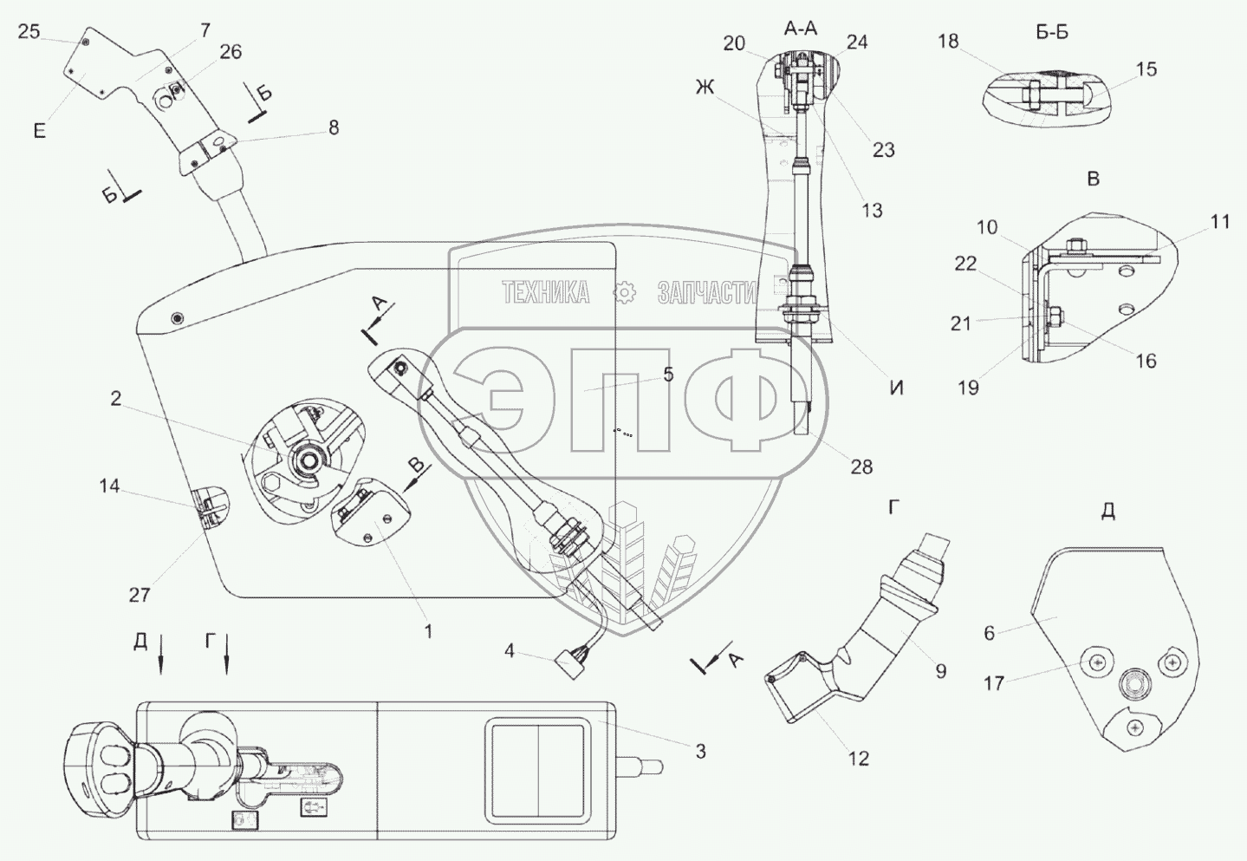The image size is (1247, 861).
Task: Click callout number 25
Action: [x=29, y=32]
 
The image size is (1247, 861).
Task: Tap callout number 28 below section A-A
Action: [x=861, y=466]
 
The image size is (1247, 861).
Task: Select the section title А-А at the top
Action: [x=800, y=29]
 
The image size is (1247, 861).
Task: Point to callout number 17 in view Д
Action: [x=994, y=683]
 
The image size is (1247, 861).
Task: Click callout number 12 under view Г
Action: [x=858, y=758]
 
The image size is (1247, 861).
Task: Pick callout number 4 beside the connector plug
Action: [x=510, y=649]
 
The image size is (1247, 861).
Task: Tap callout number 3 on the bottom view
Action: [x=700, y=751]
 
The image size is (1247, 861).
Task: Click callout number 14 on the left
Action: [x=109, y=486]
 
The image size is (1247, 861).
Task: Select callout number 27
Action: [x=140, y=594]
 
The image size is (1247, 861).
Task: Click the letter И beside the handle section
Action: [x=896, y=388]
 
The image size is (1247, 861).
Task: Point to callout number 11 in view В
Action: [x=1219, y=222]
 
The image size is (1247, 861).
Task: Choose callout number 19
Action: [x=968, y=388]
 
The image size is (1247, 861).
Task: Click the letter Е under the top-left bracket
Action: [x=39, y=131]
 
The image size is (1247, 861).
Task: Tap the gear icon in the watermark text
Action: [x=623, y=293]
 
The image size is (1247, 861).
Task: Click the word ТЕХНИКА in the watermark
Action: [x=546, y=293]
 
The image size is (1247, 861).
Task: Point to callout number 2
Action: [x=115, y=399]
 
